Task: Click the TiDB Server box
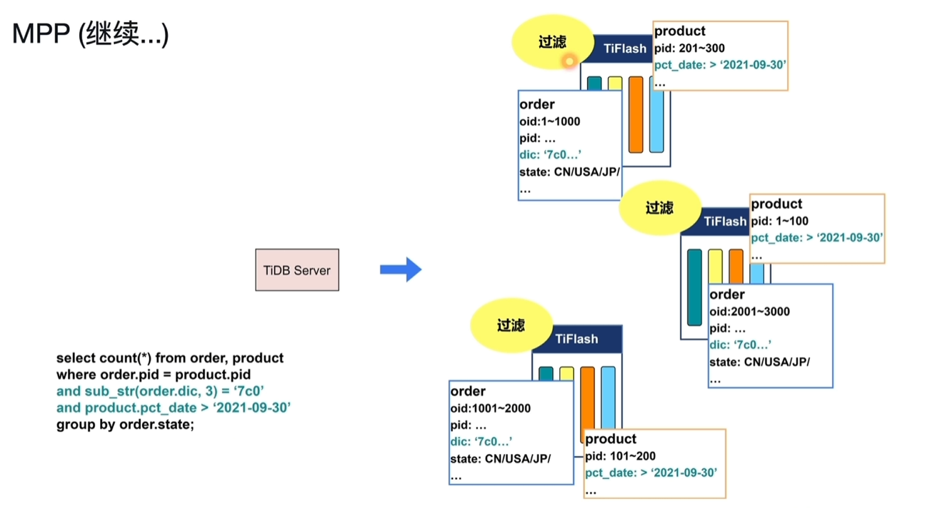297,270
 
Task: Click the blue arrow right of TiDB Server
400,269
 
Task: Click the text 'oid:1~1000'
550,121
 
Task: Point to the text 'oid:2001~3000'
749,311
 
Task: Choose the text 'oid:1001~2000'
491,408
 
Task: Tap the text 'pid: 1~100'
780,221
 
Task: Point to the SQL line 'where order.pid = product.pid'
153,375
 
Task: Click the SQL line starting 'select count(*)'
170,358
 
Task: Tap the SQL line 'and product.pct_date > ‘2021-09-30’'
173,408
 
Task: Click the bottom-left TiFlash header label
576,340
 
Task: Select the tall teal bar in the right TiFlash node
694,287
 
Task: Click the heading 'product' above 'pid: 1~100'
776,204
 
